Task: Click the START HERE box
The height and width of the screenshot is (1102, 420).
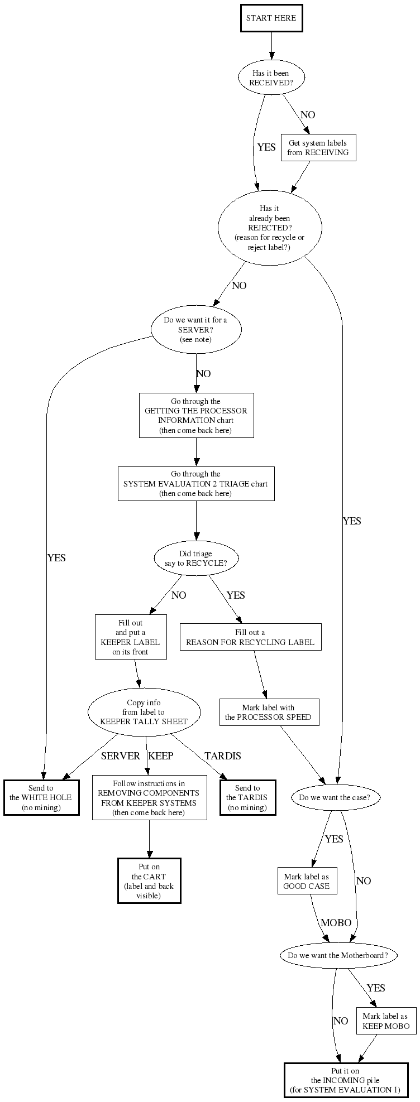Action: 271,18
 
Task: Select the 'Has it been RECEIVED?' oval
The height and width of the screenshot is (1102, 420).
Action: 271,78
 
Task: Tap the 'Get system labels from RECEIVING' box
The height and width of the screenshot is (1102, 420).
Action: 318,148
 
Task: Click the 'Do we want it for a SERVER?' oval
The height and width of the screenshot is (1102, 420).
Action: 195,330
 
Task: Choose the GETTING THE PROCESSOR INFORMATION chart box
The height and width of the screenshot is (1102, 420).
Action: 195,416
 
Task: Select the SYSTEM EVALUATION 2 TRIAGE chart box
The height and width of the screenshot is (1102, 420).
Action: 195,484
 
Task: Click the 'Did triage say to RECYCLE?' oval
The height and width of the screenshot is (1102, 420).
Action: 195,558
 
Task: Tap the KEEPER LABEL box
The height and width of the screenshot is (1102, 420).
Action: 130,637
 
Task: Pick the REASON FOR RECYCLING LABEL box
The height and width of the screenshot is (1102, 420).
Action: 250,637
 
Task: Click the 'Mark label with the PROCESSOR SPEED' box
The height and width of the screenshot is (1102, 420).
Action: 269,712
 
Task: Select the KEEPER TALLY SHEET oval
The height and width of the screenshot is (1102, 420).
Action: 144,712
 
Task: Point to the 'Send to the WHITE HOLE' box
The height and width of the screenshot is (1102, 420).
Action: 41,797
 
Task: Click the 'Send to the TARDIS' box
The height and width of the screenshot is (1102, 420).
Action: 247,797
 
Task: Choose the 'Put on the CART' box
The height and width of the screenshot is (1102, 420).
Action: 149,881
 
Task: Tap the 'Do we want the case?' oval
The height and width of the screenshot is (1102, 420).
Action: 335,797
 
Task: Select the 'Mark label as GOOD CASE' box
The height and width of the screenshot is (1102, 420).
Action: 307,881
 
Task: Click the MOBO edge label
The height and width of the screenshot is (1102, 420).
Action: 336,923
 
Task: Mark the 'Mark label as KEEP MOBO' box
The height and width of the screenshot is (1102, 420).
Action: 385,1021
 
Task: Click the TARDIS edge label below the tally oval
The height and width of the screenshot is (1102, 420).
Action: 222,756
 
